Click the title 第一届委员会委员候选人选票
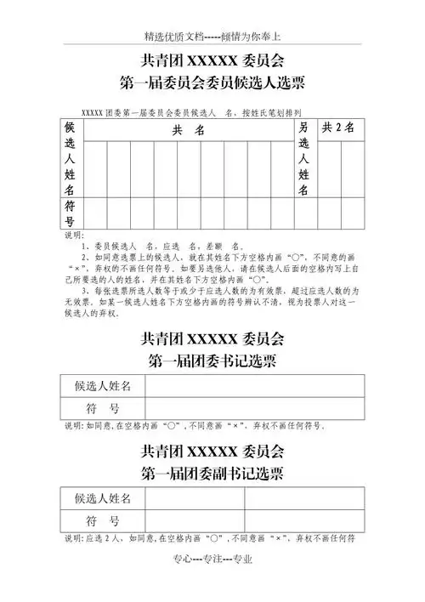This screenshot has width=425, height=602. (212, 82)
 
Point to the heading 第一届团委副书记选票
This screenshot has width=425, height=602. (212, 472)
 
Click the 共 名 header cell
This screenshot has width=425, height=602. (188, 130)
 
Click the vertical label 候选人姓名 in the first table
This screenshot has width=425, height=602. (71, 158)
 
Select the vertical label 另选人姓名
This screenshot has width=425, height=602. (303, 158)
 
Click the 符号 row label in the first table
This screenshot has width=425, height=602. (71, 213)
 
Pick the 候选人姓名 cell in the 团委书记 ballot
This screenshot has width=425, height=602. (103, 386)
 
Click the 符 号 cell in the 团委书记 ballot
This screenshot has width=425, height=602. (103, 408)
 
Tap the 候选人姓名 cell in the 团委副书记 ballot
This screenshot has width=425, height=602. (103, 498)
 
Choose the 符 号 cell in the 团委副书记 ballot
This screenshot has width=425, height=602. (103, 520)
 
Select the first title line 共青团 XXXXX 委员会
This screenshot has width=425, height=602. (212, 60)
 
